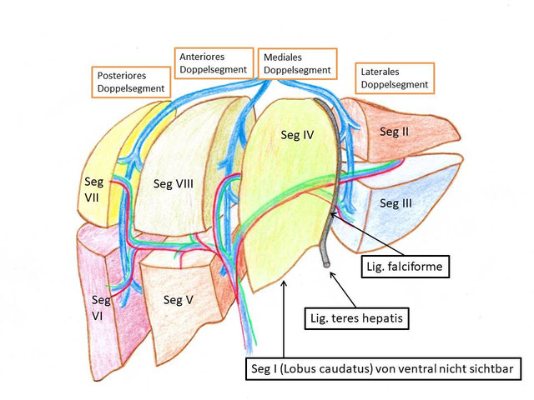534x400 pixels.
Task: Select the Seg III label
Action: click(x=395, y=202)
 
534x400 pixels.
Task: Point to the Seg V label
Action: click(x=180, y=299)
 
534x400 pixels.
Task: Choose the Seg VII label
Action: click(x=93, y=187)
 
